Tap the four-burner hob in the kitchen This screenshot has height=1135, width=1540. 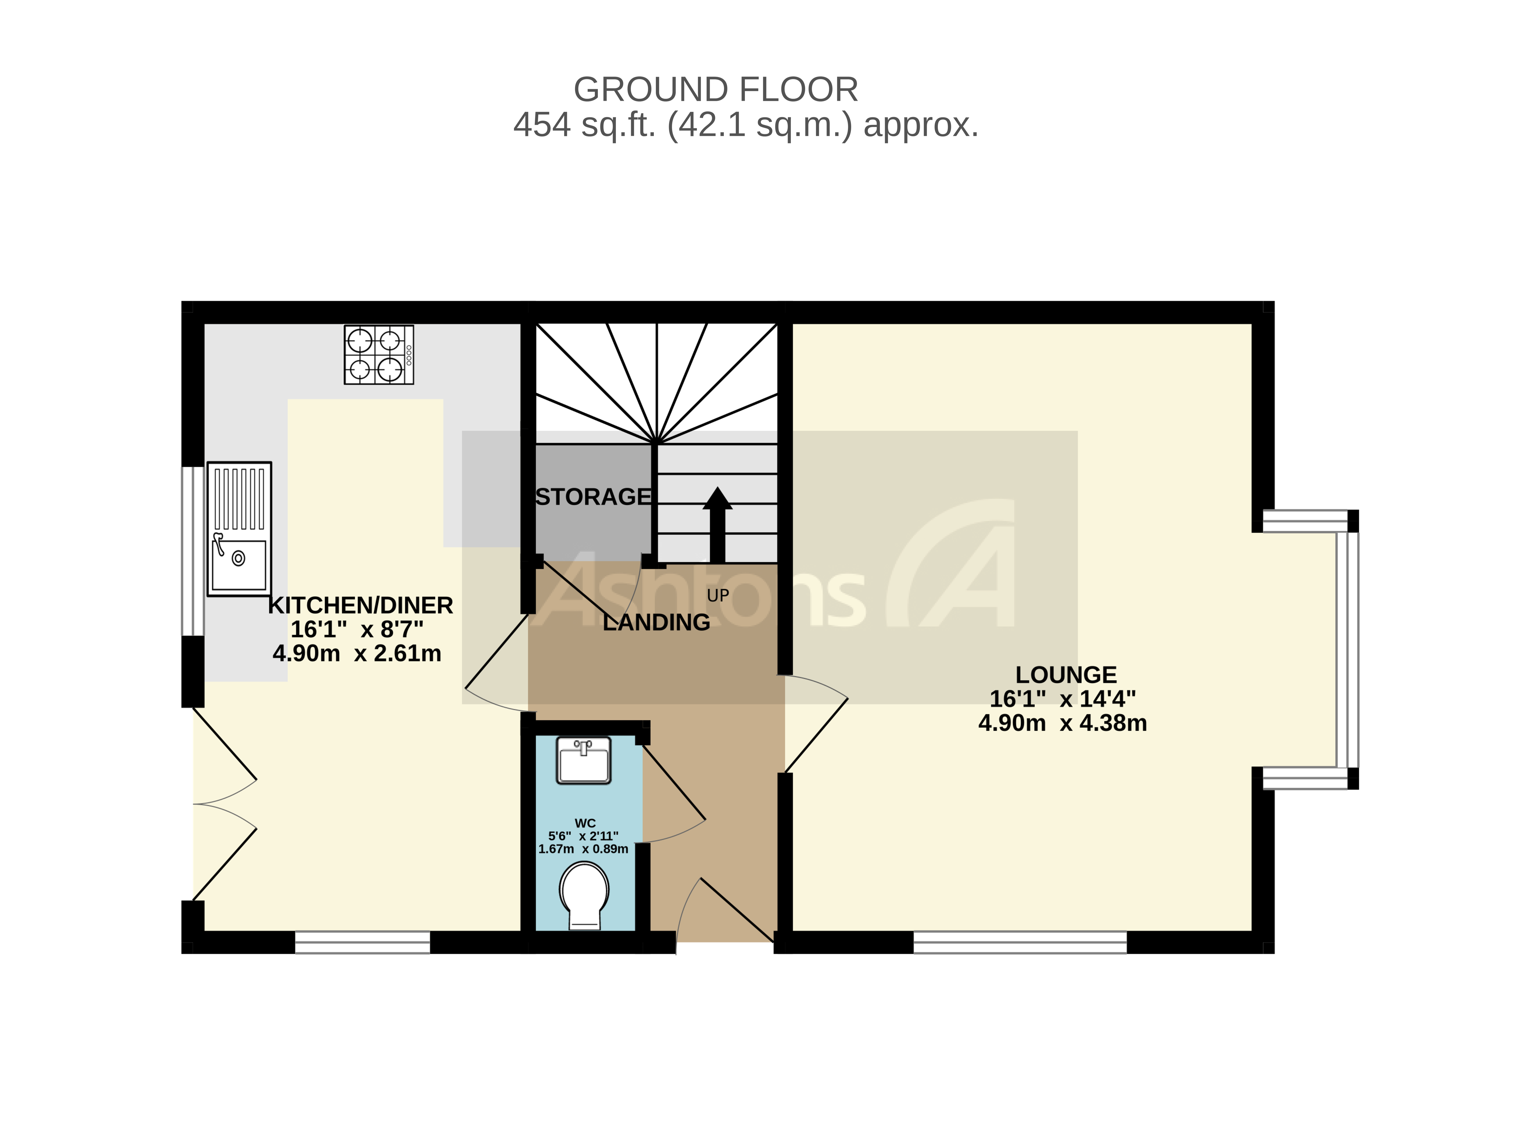378,354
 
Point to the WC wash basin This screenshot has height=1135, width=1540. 583,761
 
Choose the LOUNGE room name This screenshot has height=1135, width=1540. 1065,675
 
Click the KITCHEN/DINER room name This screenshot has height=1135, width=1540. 360,605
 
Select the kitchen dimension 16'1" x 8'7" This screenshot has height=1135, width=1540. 356,629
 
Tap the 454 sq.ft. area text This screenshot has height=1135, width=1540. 745,125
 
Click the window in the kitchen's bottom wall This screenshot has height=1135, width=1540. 362,942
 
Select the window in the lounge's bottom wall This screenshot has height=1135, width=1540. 1019,942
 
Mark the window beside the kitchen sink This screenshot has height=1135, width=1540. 192,551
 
